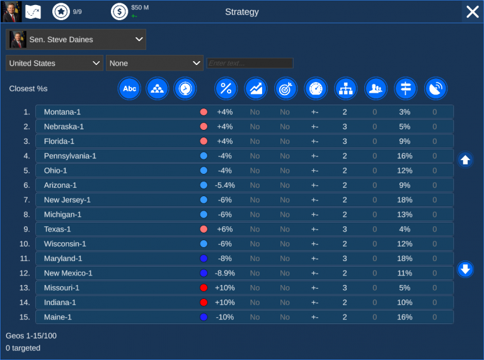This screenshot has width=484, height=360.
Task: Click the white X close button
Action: point(472,11)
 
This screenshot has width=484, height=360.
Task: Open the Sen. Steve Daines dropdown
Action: point(76,40)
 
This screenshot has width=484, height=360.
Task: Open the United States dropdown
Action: point(54,63)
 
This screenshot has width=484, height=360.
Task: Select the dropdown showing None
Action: point(154,63)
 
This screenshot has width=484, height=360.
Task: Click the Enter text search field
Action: point(250,63)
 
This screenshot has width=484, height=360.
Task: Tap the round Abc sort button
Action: point(129,89)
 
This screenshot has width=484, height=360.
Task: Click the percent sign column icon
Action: point(226,89)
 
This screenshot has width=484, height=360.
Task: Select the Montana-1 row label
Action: point(62,112)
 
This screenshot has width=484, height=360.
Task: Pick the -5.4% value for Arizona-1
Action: point(225,185)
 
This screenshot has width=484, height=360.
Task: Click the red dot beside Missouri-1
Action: point(204,288)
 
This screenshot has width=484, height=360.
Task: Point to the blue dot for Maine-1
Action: point(204,317)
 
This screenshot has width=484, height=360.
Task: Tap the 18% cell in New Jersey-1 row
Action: point(405,200)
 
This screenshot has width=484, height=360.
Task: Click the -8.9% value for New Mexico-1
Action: point(225,273)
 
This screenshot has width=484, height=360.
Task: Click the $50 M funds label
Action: point(140,8)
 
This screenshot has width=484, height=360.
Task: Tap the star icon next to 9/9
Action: point(60,11)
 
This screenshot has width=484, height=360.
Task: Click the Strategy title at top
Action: point(242,12)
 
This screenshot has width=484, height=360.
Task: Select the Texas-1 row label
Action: point(57,229)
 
